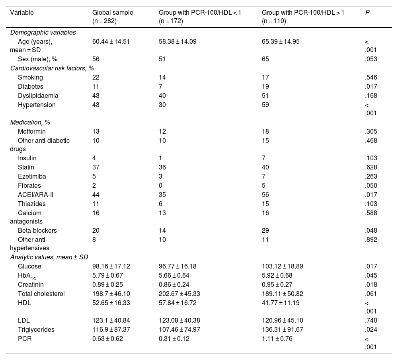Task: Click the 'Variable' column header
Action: pos(22,12)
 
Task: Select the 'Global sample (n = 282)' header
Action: pos(113,17)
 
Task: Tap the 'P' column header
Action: pos(367,12)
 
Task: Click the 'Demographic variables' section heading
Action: pos(43,33)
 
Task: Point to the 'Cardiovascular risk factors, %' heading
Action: pos(52,68)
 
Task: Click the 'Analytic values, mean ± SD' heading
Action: pos(49,257)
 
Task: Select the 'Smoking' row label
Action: pos(30,78)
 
